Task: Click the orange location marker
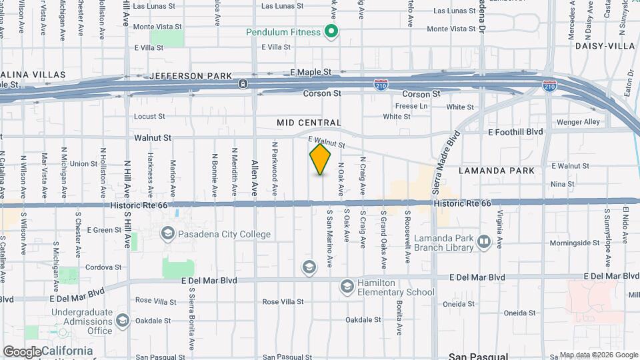[x=321, y=159]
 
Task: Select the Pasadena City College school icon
[x=167, y=233]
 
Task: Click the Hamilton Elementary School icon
[x=347, y=286]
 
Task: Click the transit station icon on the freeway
[x=243, y=83]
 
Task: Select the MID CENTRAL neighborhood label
[x=309, y=123]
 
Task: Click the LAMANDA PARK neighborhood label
[x=497, y=171]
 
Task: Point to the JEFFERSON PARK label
[x=191, y=76]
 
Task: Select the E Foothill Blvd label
[x=515, y=132]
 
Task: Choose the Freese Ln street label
[x=411, y=106]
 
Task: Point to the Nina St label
[x=563, y=183]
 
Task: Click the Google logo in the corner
[x=22, y=351]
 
